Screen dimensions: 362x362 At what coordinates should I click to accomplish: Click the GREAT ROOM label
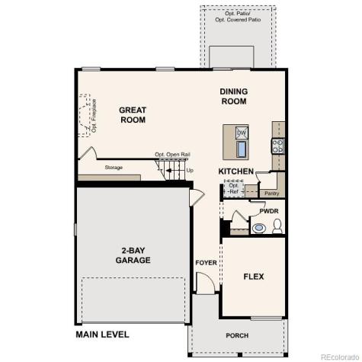[132, 115]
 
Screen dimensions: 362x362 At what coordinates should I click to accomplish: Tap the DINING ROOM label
[234, 96]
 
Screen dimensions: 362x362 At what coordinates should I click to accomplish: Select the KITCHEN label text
[236, 171]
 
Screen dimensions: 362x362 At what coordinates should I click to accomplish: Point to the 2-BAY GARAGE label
[133, 255]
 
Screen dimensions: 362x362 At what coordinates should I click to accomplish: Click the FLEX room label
[253, 277]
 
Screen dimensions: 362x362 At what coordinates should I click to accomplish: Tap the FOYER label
[206, 263]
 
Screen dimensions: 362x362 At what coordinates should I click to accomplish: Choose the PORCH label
[237, 335]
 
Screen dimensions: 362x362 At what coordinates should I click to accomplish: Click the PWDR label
[268, 211]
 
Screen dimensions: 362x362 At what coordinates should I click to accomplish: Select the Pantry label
[271, 194]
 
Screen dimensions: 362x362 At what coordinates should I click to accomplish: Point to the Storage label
[114, 167]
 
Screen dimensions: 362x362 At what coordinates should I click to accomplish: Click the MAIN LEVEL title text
[102, 335]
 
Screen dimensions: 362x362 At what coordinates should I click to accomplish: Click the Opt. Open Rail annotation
[172, 154]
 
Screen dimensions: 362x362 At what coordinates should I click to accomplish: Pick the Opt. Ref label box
[234, 188]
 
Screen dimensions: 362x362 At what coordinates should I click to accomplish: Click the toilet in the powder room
[277, 226]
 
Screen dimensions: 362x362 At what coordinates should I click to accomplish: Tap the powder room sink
[259, 227]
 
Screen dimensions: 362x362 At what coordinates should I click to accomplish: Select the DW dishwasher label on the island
[242, 133]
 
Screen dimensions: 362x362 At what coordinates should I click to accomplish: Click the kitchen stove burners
[278, 145]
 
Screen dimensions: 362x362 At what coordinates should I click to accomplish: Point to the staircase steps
[174, 169]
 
